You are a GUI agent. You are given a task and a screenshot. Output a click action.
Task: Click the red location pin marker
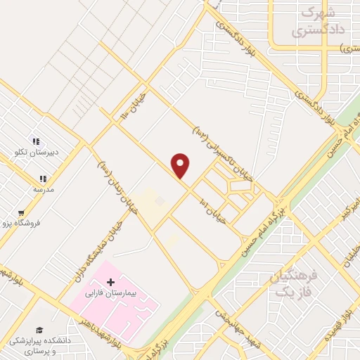181,165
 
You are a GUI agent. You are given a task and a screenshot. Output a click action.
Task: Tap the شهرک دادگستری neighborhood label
313,22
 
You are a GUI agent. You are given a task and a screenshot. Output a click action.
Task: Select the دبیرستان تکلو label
37,151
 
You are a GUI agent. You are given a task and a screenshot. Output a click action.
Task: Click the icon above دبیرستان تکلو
37,141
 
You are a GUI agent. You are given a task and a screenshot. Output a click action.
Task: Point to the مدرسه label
44,189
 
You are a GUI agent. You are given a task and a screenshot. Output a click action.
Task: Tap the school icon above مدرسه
43,179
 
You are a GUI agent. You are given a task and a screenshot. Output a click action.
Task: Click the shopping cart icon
21,213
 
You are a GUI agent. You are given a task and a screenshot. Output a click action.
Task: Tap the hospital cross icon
110,281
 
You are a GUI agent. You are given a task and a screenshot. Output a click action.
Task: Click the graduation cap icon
39,330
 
